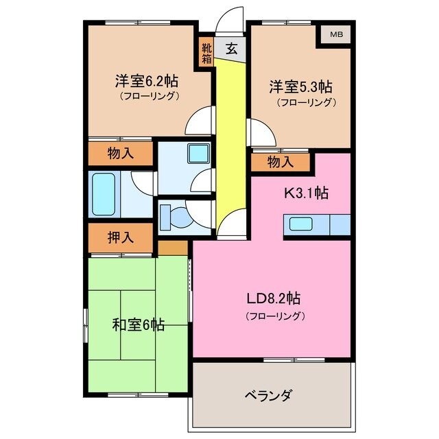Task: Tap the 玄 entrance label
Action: pos(233,49)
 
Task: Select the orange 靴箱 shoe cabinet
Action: pos(206,53)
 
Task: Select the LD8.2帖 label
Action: pos(274,299)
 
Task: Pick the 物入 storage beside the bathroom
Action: pos(121,154)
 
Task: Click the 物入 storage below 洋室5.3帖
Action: pos(281,162)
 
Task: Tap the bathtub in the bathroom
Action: pos(104,194)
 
